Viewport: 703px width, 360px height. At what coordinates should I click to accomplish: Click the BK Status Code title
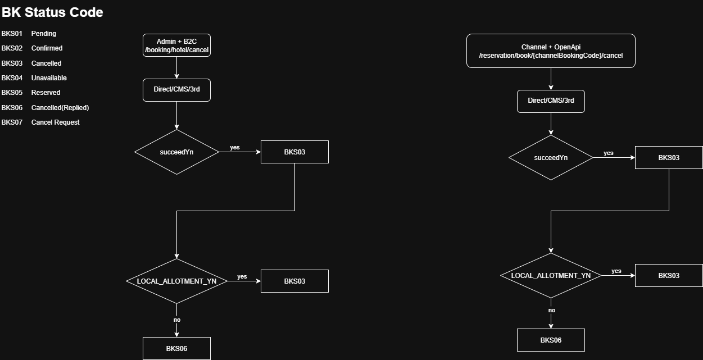52,12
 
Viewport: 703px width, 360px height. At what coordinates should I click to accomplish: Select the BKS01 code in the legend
12,34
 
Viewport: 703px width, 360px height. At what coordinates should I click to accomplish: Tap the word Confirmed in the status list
47,48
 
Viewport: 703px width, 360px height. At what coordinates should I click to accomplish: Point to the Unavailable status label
49,78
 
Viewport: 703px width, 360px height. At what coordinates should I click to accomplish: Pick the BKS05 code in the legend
12,93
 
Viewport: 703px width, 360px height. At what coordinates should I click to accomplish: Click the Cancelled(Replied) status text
60,107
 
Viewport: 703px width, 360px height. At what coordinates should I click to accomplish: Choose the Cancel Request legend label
56,122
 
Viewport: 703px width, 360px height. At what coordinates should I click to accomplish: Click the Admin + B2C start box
176,45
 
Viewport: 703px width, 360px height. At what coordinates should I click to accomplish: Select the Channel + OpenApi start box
551,51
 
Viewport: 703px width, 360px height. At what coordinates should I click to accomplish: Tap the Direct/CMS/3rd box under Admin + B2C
176,90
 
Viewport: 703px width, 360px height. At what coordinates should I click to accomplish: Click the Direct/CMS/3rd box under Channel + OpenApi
551,101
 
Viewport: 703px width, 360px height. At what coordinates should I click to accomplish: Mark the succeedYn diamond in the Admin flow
176,152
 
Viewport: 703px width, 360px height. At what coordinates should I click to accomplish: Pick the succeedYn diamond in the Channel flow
551,158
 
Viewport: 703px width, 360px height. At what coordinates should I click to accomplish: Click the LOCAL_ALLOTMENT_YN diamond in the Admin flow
176,281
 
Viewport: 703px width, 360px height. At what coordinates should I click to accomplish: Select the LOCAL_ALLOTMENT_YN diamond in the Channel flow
551,276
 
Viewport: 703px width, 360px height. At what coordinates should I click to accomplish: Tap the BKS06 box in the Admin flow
176,349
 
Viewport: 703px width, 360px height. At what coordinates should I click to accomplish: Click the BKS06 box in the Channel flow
551,340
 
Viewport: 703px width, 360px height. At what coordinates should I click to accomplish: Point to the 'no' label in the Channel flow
552,311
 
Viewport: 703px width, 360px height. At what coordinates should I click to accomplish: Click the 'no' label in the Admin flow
177,320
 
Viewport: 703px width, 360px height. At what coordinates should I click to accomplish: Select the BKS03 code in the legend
12,63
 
